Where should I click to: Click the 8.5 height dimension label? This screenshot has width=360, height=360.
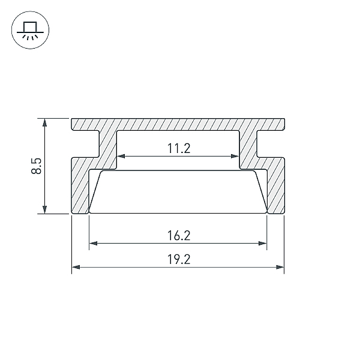[37, 166]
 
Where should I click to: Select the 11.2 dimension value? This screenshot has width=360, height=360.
[179, 148]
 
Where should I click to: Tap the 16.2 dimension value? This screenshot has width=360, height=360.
[179, 236]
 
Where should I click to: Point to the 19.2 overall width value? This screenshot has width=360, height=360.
[179, 259]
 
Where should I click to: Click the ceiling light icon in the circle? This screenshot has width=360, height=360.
[31, 31]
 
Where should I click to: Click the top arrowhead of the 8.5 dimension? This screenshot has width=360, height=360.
[45, 122]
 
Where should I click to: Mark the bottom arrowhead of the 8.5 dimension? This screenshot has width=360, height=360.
[45, 209]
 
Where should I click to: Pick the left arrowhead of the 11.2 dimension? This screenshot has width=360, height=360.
[121, 157]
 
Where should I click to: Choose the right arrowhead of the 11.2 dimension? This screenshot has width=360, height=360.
[235, 157]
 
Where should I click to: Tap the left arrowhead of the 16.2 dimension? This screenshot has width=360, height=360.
[93, 244]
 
